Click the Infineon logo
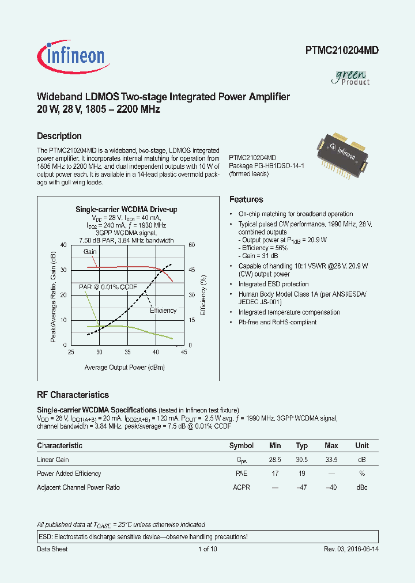pyautogui.click(x=71, y=55)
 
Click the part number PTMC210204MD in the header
pyautogui.click(x=342, y=51)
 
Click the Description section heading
pyautogui.click(x=59, y=136)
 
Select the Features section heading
pyautogui.click(x=246, y=199)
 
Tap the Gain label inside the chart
pyautogui.click(x=90, y=252)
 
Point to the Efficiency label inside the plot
pyautogui.click(x=163, y=311)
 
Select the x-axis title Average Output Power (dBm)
pyautogui.click(x=124, y=367)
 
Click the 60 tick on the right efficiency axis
pyautogui.click(x=192, y=245)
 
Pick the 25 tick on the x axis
pyautogui.click(x=71, y=352)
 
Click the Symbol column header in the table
pyautogui.click(x=241, y=445)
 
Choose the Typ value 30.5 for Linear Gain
pyautogui.click(x=302, y=460)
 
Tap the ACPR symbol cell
pyautogui.click(x=241, y=487)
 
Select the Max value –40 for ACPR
pyautogui.click(x=331, y=487)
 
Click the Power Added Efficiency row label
pyautogui.click(x=69, y=474)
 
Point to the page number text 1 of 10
pyautogui.click(x=207, y=549)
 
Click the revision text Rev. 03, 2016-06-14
pyautogui.click(x=351, y=549)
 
